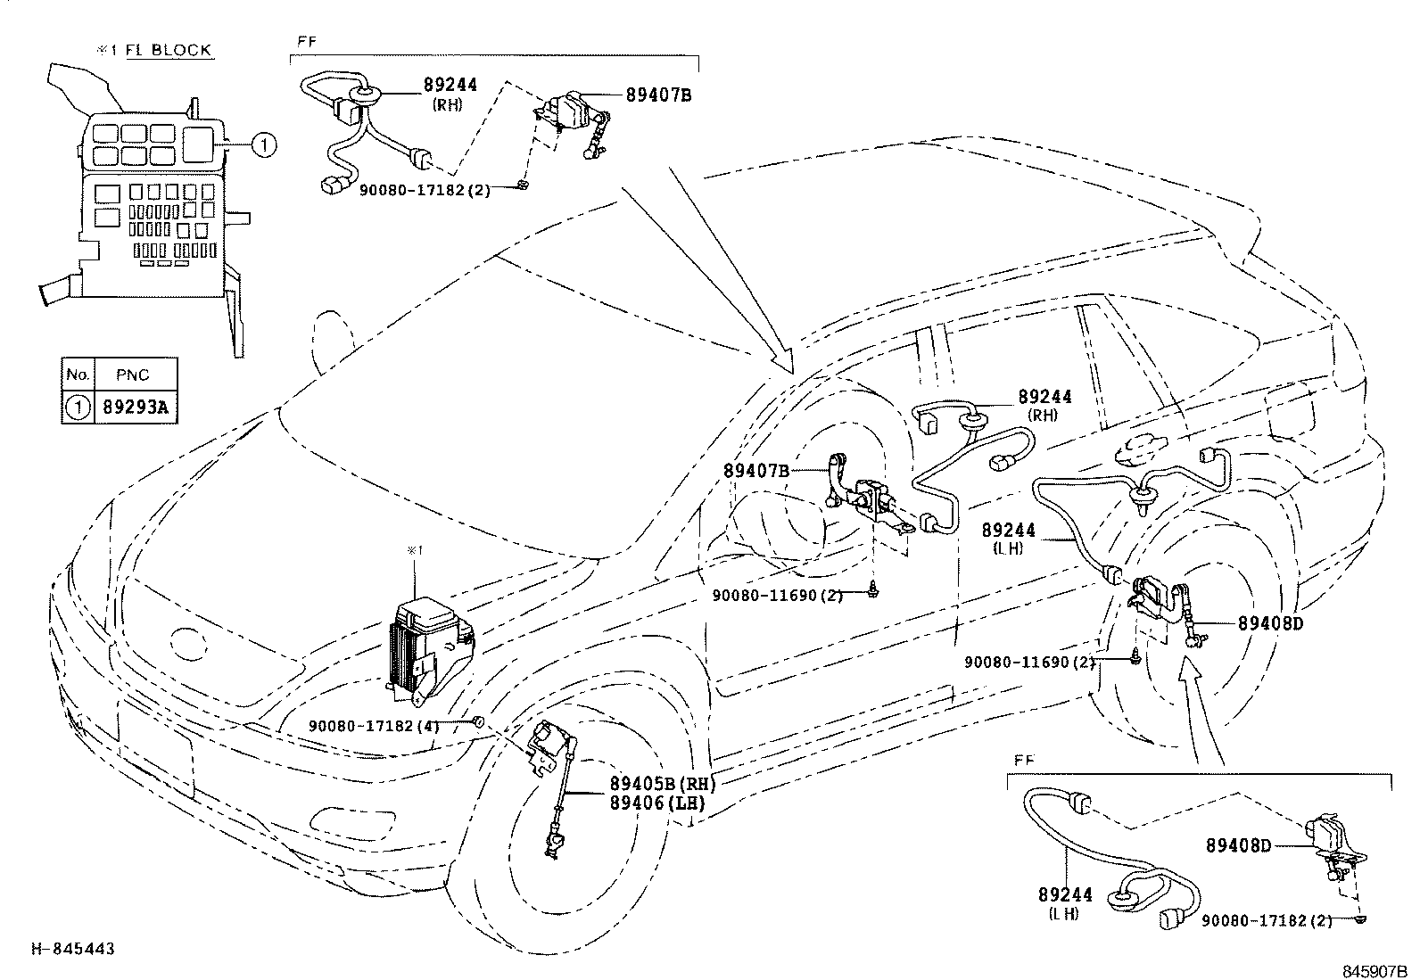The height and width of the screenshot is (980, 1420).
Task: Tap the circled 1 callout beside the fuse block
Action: pos(264,144)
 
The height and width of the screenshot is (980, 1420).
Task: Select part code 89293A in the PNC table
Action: pos(136,408)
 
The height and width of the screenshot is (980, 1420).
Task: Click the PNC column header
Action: pos(133,375)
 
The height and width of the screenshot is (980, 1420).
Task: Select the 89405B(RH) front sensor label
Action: pos(662,785)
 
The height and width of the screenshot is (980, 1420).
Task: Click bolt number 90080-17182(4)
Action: pos(375,726)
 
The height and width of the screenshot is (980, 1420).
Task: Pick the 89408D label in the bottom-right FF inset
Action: pos(1238,844)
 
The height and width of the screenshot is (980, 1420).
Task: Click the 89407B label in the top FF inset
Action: pos(658,95)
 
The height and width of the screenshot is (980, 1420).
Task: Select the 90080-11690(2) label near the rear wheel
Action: pos(1029,663)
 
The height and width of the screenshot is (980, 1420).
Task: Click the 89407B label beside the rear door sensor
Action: pos(755,470)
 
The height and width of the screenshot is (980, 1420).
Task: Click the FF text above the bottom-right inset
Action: pos(1024,760)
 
